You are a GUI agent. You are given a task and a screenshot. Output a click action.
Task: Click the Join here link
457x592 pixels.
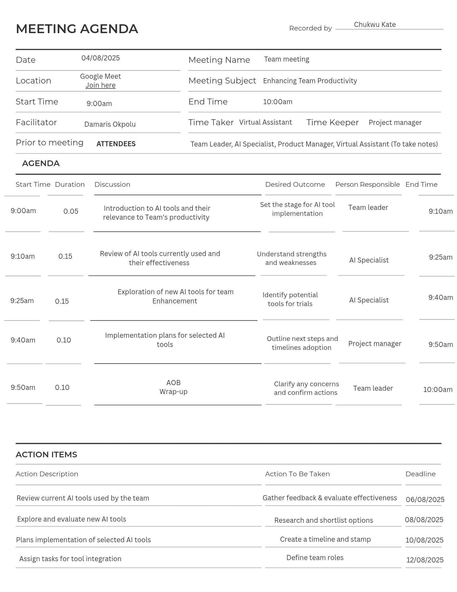pos(100,85)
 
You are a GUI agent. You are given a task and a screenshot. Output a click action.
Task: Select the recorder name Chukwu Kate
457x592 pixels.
pos(374,25)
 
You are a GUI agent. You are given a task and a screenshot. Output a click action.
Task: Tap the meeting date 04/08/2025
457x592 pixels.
pos(101,58)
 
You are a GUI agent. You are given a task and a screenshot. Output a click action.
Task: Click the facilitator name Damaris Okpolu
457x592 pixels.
pos(110,124)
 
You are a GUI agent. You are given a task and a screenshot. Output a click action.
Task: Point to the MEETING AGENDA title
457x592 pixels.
pos(77,29)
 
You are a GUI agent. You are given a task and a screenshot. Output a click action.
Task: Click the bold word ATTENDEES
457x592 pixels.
pos(116,144)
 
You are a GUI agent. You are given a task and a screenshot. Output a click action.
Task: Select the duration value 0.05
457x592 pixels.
pos(71,211)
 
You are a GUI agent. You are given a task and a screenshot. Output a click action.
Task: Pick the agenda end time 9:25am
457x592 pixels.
pos(440,257)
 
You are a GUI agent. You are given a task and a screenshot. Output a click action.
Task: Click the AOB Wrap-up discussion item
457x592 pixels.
pos(173,387)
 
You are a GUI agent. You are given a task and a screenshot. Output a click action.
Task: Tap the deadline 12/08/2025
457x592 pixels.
pos(425,560)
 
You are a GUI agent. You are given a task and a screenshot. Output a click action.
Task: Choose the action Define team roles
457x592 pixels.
pos(315,558)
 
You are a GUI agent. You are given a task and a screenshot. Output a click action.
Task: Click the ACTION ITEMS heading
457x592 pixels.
pos(46,455)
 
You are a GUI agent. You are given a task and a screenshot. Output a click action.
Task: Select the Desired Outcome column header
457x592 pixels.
pos(295,184)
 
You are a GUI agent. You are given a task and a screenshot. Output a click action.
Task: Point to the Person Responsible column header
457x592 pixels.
pos(367,184)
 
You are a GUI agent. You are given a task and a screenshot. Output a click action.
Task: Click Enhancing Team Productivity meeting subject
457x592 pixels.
pos(310,81)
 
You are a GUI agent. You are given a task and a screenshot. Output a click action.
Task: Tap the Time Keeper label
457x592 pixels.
pos(332,122)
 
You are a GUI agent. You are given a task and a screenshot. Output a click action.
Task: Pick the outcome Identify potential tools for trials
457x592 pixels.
pos(290,299)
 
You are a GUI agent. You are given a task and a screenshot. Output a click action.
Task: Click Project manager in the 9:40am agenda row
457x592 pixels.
pos(374,344)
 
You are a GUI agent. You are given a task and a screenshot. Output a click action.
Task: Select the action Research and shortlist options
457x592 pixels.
pos(324,520)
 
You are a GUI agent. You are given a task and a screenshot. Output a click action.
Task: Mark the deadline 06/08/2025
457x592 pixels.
pos(425,500)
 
